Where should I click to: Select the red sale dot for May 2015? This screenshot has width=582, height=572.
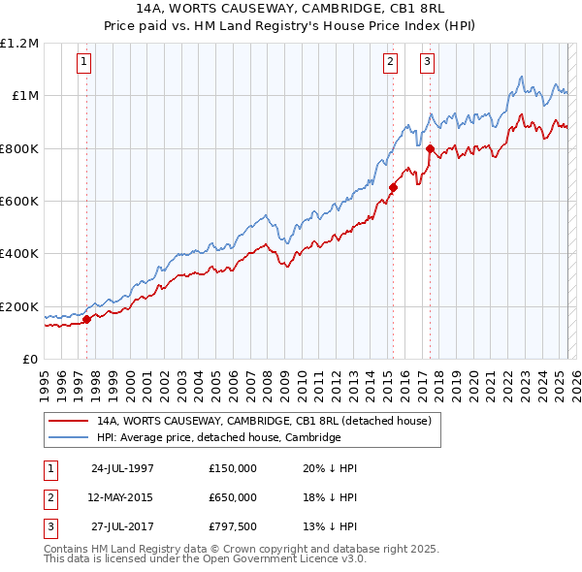point(393,187)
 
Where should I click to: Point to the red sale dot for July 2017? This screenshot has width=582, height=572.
point(431,148)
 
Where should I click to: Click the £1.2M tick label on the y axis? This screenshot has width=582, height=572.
point(19,44)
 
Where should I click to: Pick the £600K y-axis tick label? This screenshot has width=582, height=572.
point(19,202)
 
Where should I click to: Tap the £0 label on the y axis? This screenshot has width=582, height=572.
point(31,360)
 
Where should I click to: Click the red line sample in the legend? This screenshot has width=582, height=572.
point(69,422)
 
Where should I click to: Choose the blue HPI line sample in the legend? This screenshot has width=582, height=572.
point(69,438)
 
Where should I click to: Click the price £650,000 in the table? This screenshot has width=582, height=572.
point(233,497)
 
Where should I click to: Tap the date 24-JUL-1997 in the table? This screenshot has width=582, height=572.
point(122,468)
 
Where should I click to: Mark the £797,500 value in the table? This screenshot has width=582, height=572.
point(233,526)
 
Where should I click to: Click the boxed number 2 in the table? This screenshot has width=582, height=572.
point(49,497)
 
